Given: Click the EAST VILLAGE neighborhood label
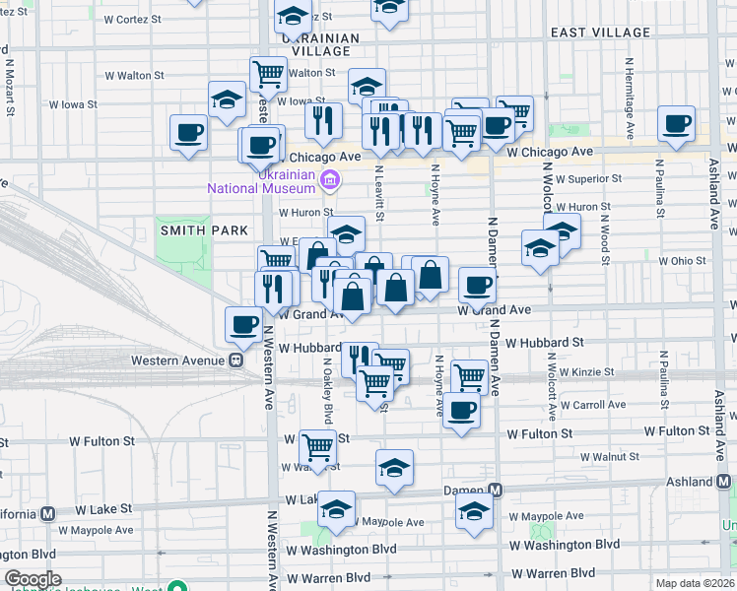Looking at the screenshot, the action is coord(600,33).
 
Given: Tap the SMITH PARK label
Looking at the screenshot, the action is coord(191,230).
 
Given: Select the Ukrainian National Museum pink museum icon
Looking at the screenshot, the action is coord(330,178).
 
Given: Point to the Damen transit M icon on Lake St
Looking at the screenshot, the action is coord(496,490).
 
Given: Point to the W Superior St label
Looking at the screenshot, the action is coord(588,179).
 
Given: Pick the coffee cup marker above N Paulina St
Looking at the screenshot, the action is coord(676,123).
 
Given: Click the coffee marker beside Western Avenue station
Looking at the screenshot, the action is coord(243,323).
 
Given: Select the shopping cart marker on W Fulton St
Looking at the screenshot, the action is coord(318,446).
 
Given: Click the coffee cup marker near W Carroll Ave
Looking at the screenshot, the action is coord(460,410).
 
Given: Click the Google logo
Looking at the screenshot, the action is coord(33,579).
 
